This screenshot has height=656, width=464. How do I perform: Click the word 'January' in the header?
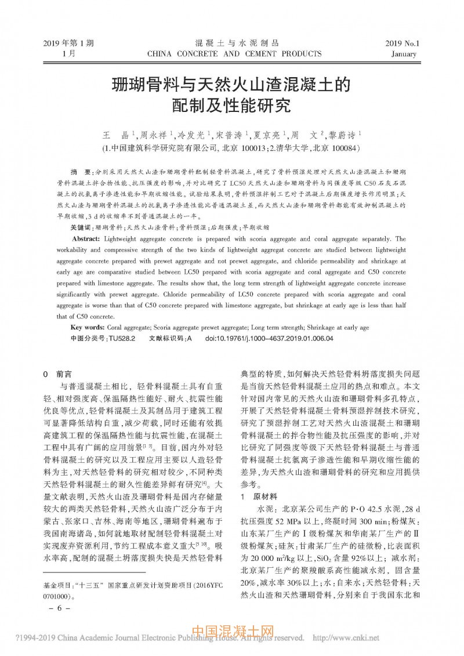coord(404,54)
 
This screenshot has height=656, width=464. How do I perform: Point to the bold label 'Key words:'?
coord(88,328)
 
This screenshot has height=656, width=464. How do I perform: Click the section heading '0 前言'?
coord(58,374)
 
